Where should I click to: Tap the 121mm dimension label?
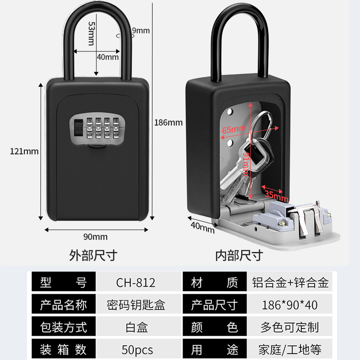24,151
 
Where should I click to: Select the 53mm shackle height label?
91,34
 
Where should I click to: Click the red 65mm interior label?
234,129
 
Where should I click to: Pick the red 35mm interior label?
276,194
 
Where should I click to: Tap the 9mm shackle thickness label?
141,31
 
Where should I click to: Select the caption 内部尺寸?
239,256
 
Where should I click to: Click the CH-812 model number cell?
136,283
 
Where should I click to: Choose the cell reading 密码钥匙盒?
136,305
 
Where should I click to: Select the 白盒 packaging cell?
136,327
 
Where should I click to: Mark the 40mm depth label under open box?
202,227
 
